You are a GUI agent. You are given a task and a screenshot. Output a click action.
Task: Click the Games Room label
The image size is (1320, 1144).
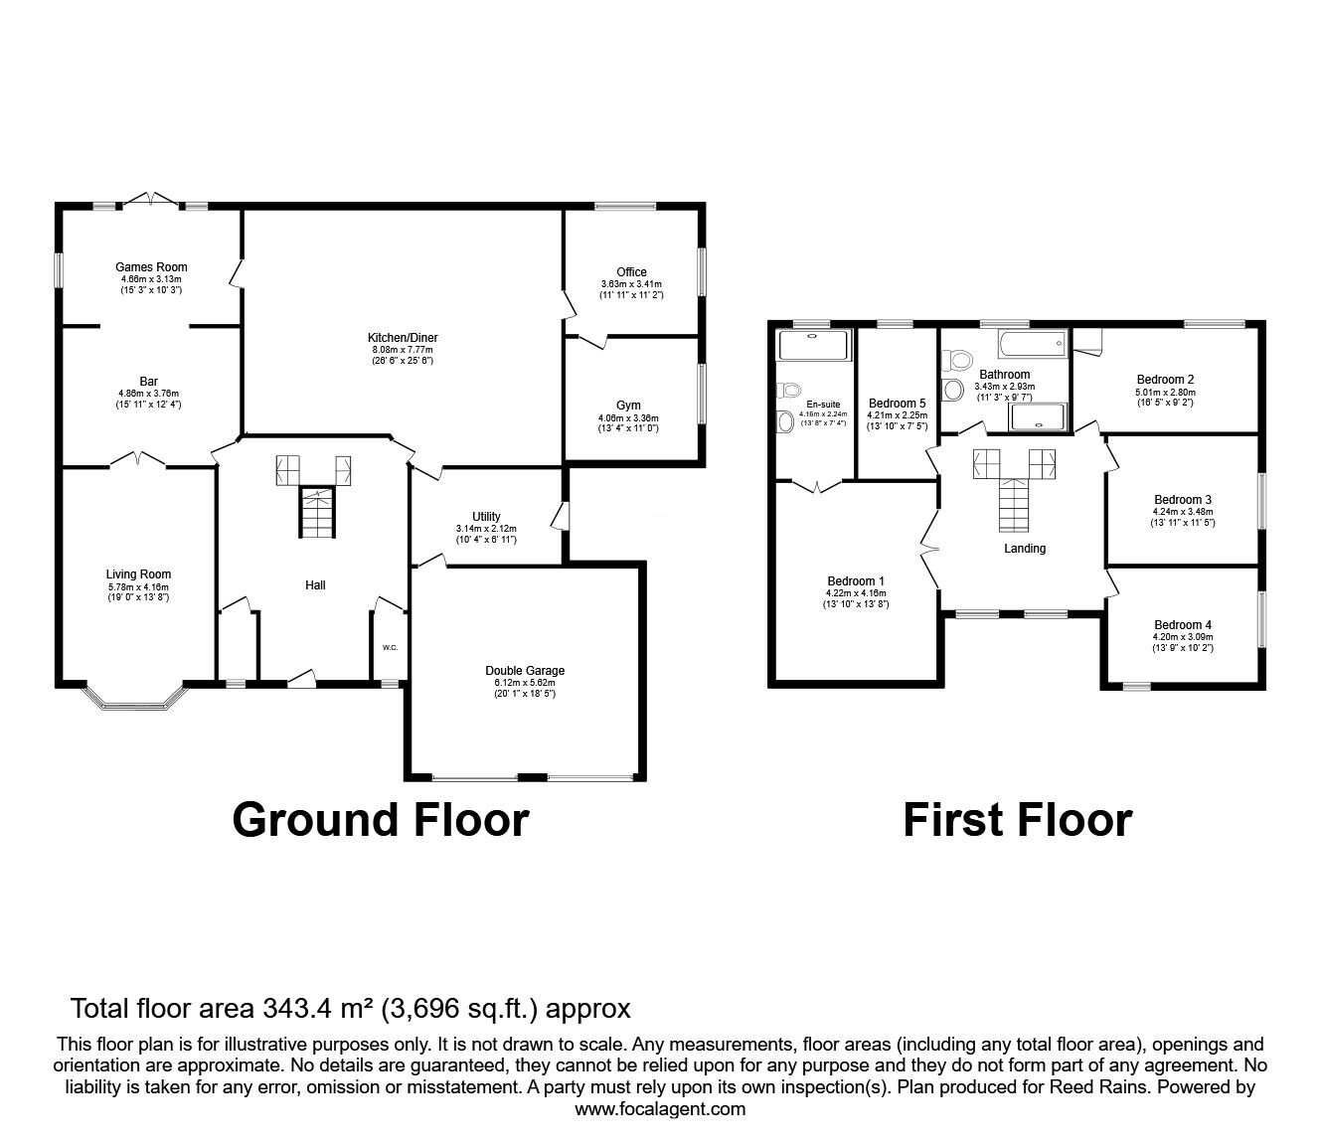click(151, 266)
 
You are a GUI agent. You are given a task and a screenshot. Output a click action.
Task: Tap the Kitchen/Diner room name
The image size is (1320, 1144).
click(403, 338)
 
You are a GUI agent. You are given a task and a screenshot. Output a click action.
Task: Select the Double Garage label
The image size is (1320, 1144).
click(525, 670)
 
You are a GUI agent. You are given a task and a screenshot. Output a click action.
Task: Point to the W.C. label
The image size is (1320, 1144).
click(390, 648)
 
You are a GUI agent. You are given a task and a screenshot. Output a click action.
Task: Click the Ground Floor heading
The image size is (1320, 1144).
click(380, 821)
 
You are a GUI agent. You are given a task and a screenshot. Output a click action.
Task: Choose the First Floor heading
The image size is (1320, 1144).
click(1017, 821)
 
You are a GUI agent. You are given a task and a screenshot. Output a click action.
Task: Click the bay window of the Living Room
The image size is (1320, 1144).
click(135, 700)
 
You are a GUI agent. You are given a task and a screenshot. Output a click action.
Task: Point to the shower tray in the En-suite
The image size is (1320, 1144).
click(815, 345)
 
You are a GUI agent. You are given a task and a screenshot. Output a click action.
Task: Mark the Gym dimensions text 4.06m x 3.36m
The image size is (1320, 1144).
click(628, 418)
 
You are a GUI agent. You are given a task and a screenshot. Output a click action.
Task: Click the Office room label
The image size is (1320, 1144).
click(631, 271)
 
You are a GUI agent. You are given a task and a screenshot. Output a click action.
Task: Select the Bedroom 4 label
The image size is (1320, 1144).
click(1182, 625)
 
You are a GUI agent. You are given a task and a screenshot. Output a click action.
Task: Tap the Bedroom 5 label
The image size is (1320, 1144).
click(897, 404)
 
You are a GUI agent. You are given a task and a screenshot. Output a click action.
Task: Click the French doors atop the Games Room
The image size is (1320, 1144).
click(151, 200)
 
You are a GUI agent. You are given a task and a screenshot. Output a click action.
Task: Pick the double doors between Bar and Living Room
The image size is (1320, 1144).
click(138, 459)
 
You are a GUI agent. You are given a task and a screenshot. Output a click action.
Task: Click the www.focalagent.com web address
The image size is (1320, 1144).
click(660, 1109)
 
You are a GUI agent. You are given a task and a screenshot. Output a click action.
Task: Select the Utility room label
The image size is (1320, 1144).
click(486, 516)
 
